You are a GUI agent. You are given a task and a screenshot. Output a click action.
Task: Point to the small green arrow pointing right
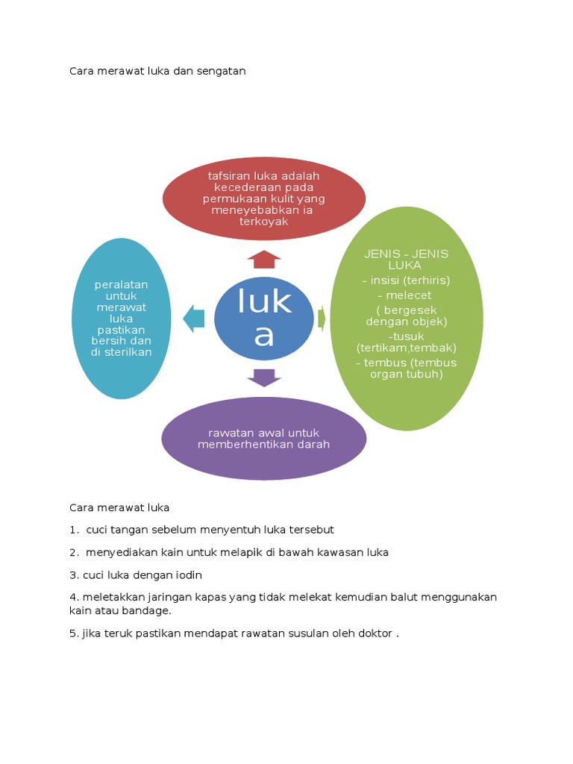[322, 318]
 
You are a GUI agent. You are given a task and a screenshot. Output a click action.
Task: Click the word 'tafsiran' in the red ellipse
[228, 176]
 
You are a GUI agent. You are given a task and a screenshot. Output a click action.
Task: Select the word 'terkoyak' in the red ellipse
[264, 222]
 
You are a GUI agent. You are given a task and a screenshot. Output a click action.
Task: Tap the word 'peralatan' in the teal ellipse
[122, 284]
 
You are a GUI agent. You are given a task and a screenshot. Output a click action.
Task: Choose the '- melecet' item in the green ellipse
[406, 295]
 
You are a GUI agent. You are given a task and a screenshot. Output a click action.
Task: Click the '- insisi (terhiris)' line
[406, 281]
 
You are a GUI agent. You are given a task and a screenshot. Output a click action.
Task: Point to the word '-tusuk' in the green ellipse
[406, 336]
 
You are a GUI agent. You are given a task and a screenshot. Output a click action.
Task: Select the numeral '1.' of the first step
[74, 530]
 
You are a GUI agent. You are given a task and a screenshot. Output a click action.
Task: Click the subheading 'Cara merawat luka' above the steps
[119, 507]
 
